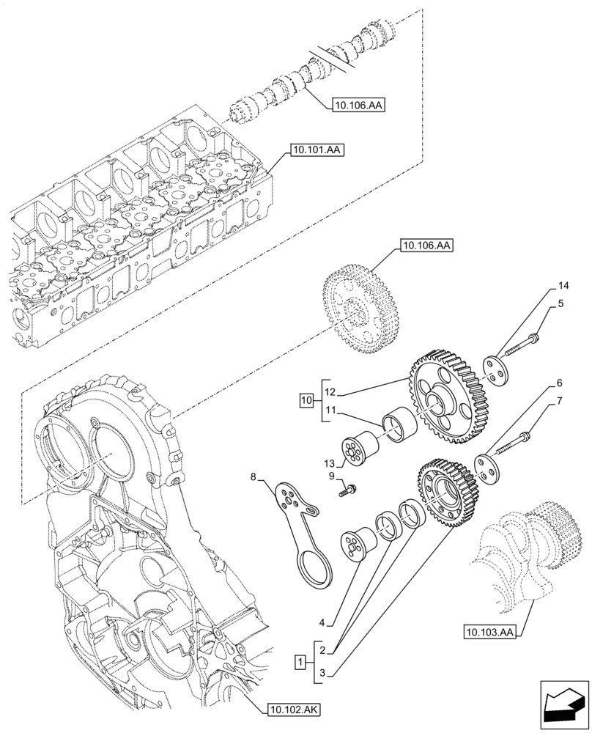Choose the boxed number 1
coord(299,663)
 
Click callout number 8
coord(254,477)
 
